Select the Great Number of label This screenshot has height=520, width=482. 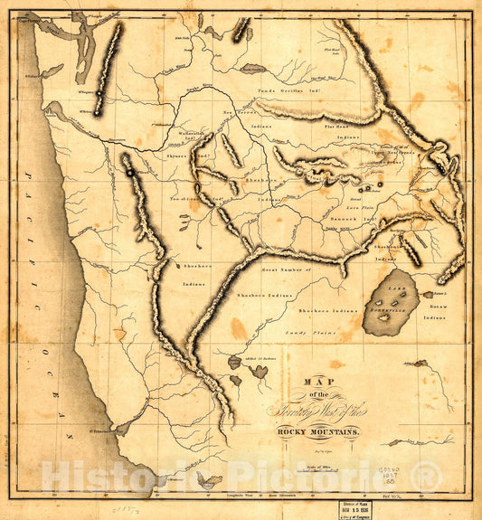[x=284, y=269]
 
